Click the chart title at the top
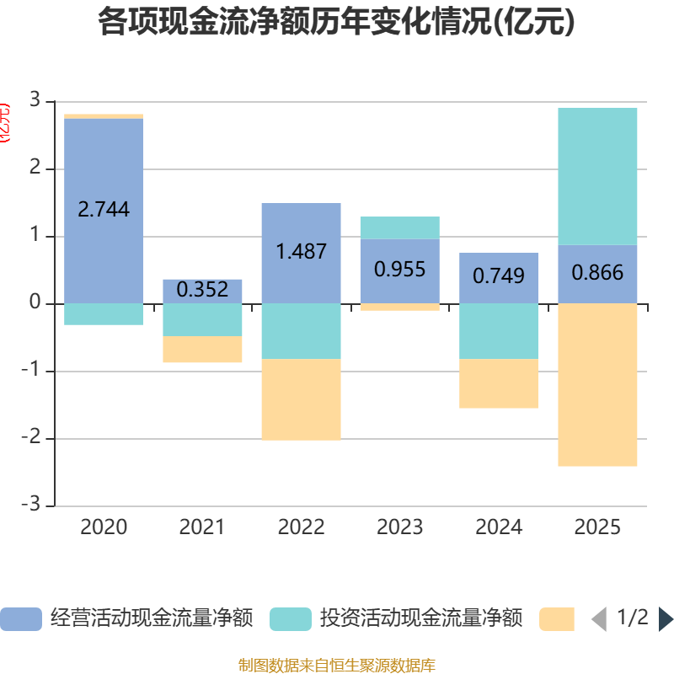(x=336, y=23)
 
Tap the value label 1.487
(x=301, y=251)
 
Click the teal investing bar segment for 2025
(x=597, y=176)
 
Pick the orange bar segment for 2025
(x=597, y=384)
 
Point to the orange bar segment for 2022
(x=301, y=399)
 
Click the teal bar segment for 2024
(x=499, y=331)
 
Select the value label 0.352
(x=202, y=290)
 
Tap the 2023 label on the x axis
(x=399, y=527)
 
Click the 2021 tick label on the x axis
(x=202, y=527)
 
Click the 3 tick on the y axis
(x=35, y=100)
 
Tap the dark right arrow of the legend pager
(x=666, y=618)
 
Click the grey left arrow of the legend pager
(x=599, y=618)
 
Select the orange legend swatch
(x=557, y=618)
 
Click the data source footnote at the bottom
(x=336, y=666)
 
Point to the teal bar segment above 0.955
(x=399, y=227)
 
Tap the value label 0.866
(x=597, y=273)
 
